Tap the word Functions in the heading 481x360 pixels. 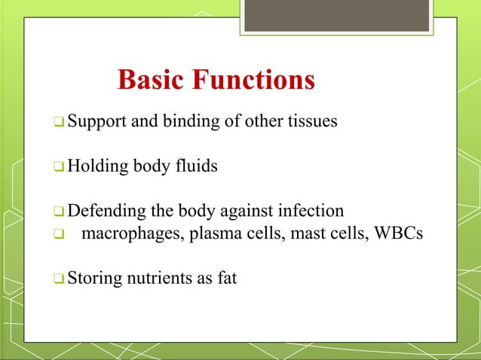[x=257, y=81]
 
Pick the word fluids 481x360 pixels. [x=196, y=165]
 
